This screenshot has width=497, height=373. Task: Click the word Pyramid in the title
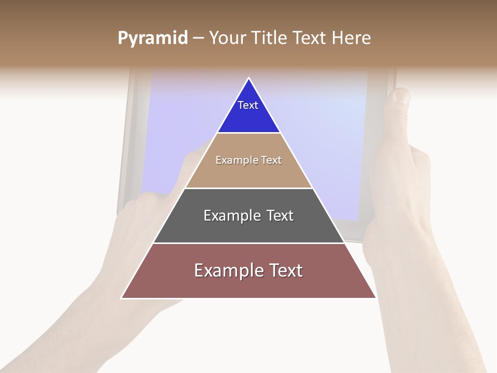tap(152, 38)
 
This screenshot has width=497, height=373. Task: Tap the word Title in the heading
tap(269, 38)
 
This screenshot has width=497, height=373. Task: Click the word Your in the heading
tap(228, 38)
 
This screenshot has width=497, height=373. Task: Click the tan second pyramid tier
tap(248, 174)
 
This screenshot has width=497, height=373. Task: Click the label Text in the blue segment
tap(248, 105)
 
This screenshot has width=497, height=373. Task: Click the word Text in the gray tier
tap(280, 216)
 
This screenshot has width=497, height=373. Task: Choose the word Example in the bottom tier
tap(228, 270)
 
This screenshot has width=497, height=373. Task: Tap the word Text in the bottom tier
tap(286, 270)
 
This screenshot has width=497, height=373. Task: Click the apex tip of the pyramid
tap(249, 79)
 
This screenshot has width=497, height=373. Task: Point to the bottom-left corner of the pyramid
tap(122, 297)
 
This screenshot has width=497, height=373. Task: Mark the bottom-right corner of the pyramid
tap(375, 297)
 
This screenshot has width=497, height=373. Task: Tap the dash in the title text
tap(198, 38)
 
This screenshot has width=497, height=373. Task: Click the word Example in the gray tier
tap(231, 216)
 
